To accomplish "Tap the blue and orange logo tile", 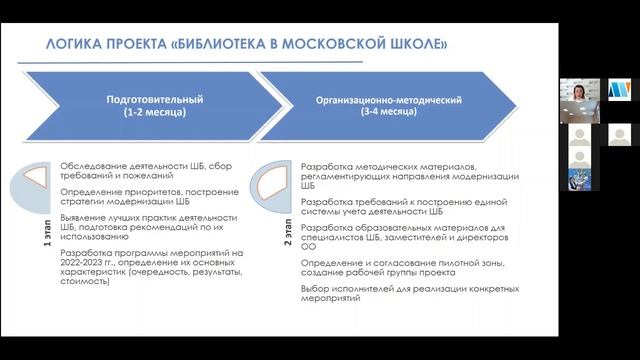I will pyautogui.click(x=617, y=90).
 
